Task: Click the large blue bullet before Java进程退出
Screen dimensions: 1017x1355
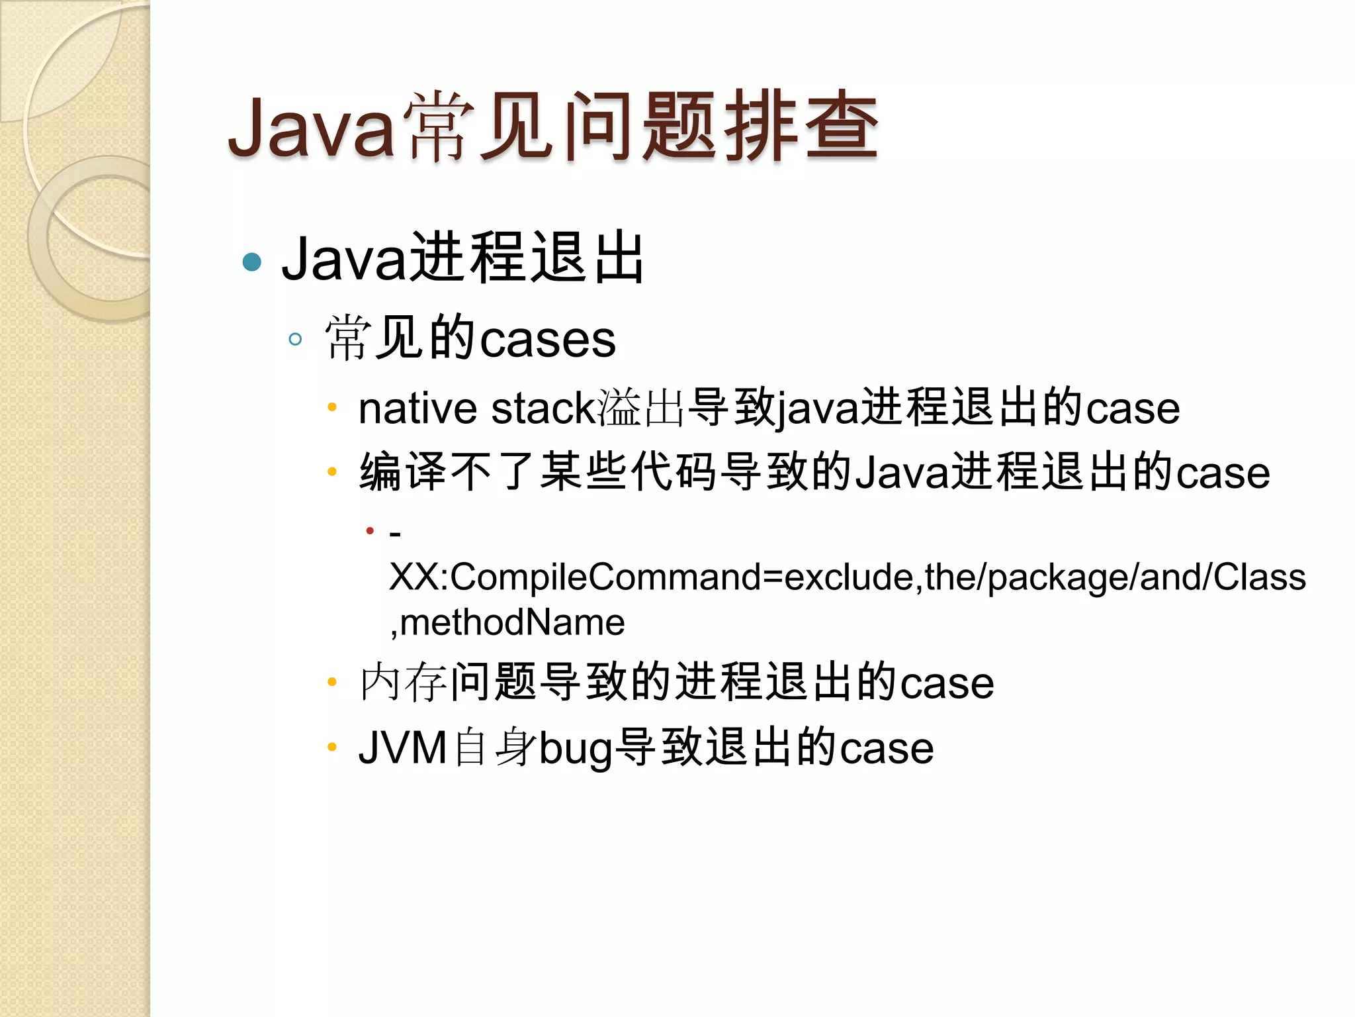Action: pyautogui.click(x=252, y=262)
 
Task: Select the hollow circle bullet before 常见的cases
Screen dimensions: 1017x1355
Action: pyautogui.click(x=296, y=340)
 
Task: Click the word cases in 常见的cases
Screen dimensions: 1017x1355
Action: pyautogui.click(x=548, y=340)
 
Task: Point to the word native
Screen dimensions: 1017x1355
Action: pyautogui.click(x=417, y=409)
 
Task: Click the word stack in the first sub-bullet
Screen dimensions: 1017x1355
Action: pyautogui.click(x=543, y=409)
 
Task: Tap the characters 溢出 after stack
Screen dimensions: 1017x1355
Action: pyautogui.click(x=640, y=409)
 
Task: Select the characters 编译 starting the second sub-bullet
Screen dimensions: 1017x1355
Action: pyautogui.click(x=403, y=473)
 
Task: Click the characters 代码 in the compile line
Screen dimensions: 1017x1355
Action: pyautogui.click(x=674, y=473)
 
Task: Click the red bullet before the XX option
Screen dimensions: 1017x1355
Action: pyautogui.click(x=370, y=530)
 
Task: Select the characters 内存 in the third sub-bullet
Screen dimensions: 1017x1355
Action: pyautogui.click(x=403, y=683)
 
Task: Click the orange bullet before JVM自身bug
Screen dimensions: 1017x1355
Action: pyautogui.click(x=332, y=748)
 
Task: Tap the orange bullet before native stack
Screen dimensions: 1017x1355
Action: pyautogui.click(x=332, y=407)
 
